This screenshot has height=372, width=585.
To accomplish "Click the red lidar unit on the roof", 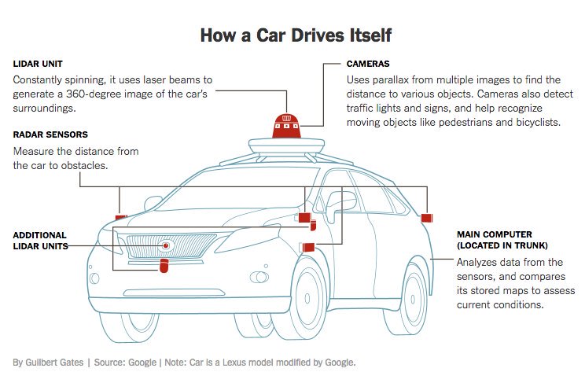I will [x=287, y=123].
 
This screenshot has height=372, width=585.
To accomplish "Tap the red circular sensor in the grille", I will [x=166, y=246].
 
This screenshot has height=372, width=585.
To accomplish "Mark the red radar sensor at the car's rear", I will [x=427, y=217].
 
